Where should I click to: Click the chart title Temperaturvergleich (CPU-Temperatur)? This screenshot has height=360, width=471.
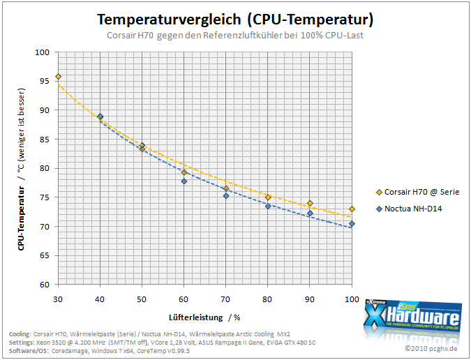coord(235,20)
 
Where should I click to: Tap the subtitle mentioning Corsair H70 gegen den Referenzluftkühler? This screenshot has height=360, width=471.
coord(235,35)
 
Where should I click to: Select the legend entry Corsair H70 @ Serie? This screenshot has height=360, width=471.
coord(418,192)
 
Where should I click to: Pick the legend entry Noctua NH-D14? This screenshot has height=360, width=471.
coord(409,209)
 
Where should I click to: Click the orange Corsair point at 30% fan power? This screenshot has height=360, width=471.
coord(59,77)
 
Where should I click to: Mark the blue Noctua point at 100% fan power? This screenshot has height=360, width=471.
coord(352,224)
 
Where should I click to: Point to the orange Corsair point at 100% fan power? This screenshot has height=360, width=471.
coord(352,209)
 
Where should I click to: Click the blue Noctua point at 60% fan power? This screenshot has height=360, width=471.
coord(184,181)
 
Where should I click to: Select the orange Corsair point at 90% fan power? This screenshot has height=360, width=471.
coord(310,203)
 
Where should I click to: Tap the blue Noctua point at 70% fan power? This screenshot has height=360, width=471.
coord(226,196)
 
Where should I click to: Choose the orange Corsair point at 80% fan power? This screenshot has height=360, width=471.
coord(268,197)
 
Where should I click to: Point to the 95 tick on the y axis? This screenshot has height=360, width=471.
coord(44,81)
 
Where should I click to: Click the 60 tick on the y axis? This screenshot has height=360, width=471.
coord(44,285)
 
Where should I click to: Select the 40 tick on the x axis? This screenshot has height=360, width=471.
coord(100,299)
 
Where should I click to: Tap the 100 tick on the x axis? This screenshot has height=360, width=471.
coord(352,299)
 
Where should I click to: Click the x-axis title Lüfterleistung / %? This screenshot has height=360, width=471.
coord(204,317)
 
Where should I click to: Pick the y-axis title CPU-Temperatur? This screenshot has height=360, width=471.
coord(21,218)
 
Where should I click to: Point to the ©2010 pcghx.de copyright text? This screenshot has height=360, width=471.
coord(431,348)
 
